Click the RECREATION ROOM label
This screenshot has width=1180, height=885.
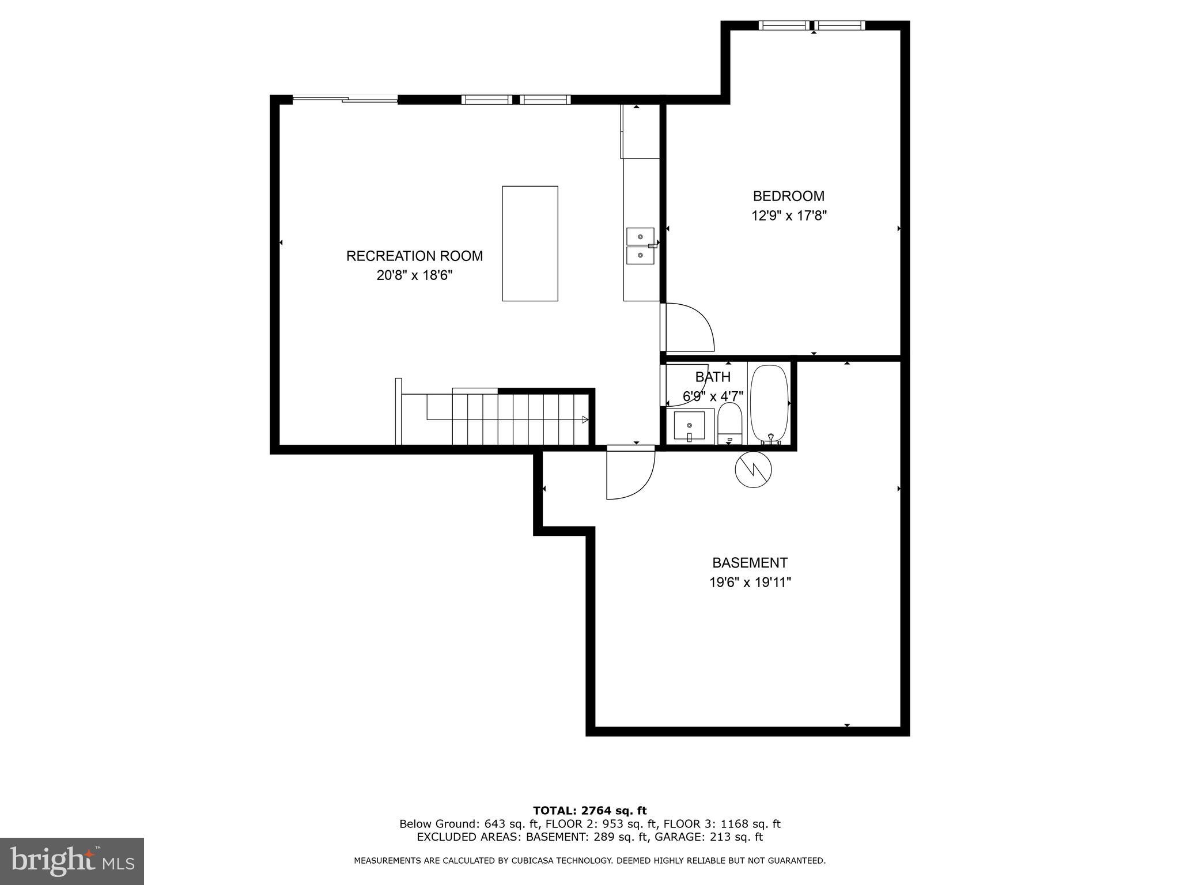(x=414, y=256)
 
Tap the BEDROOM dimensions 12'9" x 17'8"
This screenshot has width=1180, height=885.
(x=789, y=216)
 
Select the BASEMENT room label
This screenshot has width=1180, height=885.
(x=750, y=563)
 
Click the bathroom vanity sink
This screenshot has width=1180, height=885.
(x=689, y=426)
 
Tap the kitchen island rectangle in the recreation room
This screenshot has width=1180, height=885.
(x=530, y=243)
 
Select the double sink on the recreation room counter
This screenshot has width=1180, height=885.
(x=640, y=245)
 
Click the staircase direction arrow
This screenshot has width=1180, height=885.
(x=585, y=419)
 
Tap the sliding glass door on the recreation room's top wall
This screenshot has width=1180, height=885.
(x=345, y=100)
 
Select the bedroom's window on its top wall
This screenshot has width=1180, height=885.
(x=812, y=25)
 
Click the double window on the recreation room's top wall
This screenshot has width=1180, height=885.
(x=516, y=100)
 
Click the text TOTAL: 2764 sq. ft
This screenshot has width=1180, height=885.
(x=589, y=811)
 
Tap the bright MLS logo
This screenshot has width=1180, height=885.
(x=72, y=861)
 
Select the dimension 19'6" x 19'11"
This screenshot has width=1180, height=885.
(x=750, y=583)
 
